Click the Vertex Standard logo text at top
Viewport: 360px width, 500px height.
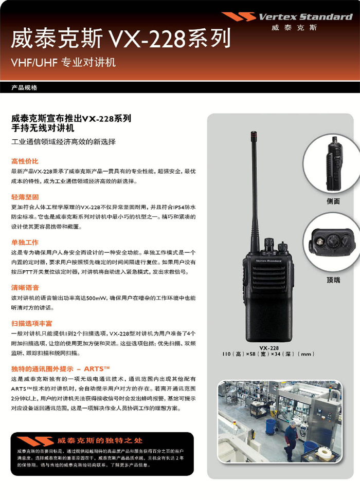pos(305,17)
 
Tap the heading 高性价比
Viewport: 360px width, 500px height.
pos(25,161)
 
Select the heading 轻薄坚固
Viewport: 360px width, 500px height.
pos(25,197)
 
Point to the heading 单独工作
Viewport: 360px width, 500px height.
pos(25,243)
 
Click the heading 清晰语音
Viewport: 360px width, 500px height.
pos(25,288)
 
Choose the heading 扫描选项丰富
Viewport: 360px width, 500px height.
pos(31,323)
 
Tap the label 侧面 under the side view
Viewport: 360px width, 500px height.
pos(333,201)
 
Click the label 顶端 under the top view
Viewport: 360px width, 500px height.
pos(333,280)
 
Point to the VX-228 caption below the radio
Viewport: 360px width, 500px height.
pos(269,348)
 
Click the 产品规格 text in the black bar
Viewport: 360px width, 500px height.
pos(24,87)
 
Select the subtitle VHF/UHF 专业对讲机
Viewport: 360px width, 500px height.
pos(63,62)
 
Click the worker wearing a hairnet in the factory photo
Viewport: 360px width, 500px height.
pos(291,440)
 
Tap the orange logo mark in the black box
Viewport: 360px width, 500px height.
pos(35,441)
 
